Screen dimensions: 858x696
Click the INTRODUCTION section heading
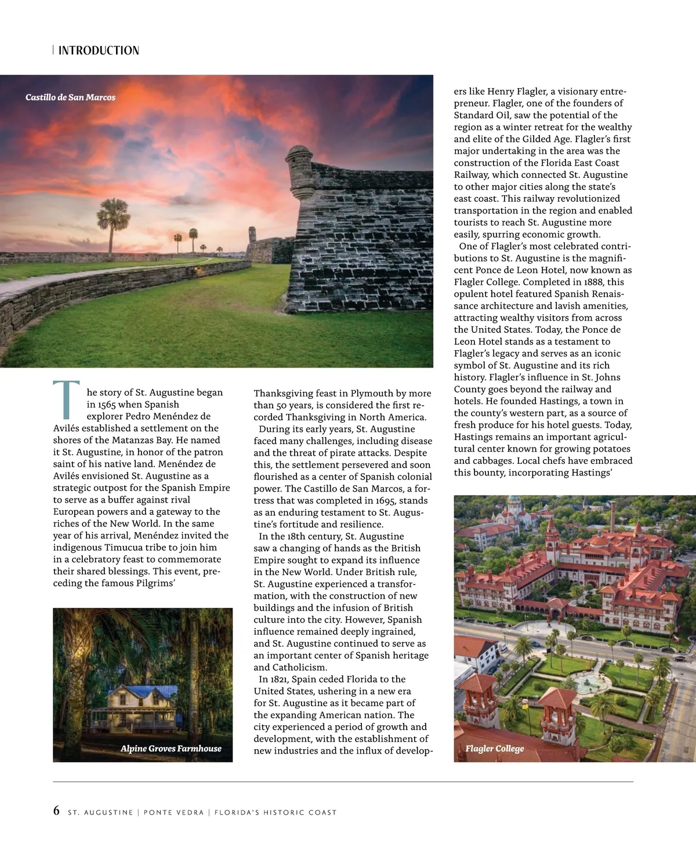99,50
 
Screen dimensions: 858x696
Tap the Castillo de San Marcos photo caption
70,97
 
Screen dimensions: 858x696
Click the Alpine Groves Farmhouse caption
171,748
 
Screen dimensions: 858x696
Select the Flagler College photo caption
495,748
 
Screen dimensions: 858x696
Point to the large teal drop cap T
66,399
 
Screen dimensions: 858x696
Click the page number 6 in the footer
56,811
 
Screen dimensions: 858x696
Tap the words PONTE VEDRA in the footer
173,812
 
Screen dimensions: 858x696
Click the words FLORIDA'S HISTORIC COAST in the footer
275,812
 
